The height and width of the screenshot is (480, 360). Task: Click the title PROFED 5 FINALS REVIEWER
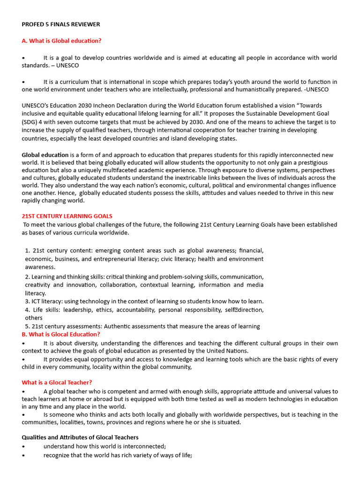(x=61, y=24)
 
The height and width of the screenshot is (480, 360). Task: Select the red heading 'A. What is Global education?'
(x=61, y=41)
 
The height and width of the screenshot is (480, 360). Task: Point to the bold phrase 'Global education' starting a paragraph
(x=45, y=155)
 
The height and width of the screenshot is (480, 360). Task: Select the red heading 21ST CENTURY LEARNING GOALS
(x=67, y=216)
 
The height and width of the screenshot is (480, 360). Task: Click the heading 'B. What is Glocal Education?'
(x=61, y=334)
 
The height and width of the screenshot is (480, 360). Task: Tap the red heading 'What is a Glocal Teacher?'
(x=57, y=382)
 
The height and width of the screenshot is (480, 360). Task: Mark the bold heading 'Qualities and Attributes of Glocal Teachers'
(x=80, y=437)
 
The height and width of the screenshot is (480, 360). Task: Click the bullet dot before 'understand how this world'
(x=23, y=446)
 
